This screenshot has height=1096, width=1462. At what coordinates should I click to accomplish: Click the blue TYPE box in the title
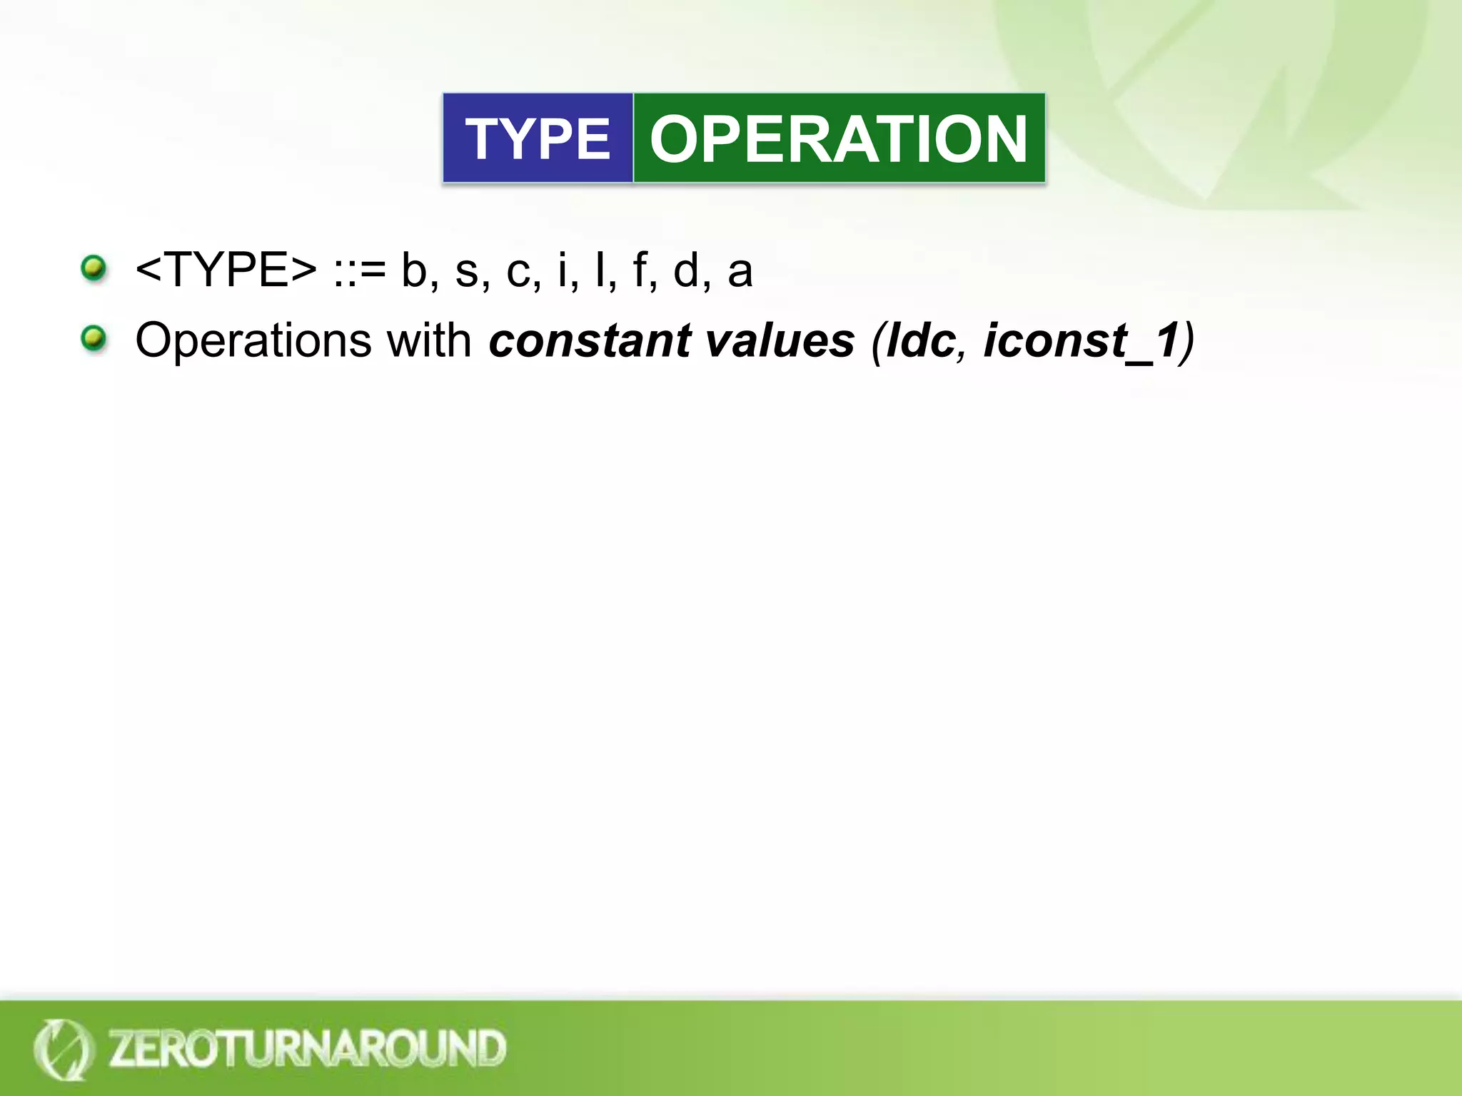[x=538, y=138]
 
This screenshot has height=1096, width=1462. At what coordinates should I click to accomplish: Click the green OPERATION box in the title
[x=839, y=138]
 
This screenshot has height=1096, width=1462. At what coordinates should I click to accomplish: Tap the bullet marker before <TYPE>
[x=94, y=269]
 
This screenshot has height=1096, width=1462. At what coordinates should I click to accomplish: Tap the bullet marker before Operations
[x=94, y=338]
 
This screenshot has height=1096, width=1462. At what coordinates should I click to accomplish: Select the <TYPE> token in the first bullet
[x=226, y=270]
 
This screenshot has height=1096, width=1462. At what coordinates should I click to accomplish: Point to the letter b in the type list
[x=414, y=270]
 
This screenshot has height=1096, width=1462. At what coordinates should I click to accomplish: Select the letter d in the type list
[x=686, y=270]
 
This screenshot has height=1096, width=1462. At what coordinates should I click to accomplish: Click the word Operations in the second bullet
[x=253, y=341]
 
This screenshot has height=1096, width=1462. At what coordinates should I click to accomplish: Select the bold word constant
[x=590, y=340]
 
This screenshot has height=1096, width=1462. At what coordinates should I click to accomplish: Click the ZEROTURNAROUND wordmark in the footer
[x=307, y=1048]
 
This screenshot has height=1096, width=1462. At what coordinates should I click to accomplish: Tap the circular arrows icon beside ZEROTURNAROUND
[x=63, y=1048]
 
